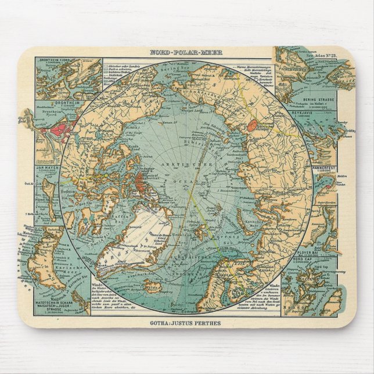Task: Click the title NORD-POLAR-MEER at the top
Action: tap(186, 52)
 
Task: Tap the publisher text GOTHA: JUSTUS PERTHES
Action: tap(186, 322)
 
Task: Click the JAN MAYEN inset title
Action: tap(48, 174)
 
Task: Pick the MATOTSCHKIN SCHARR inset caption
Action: tap(53, 304)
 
